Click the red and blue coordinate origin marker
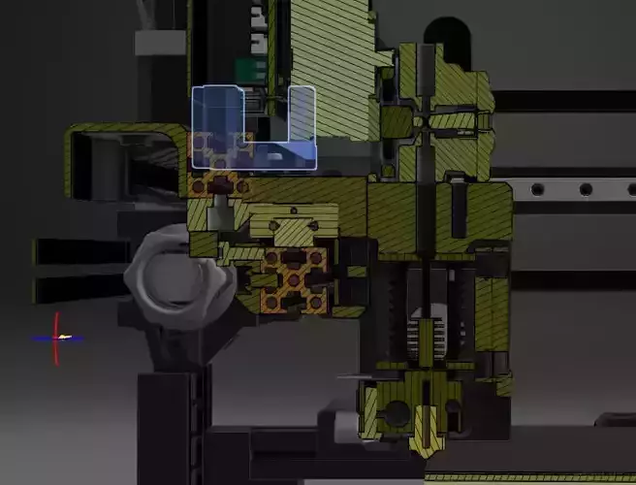pyautogui.click(x=57, y=338)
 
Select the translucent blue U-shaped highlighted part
pyautogui.click(x=254, y=153)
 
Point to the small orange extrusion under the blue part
pyautogui.click(x=221, y=183)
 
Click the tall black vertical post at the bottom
pyautogui.click(x=175, y=427)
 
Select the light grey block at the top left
pyautogui.click(x=160, y=42)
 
